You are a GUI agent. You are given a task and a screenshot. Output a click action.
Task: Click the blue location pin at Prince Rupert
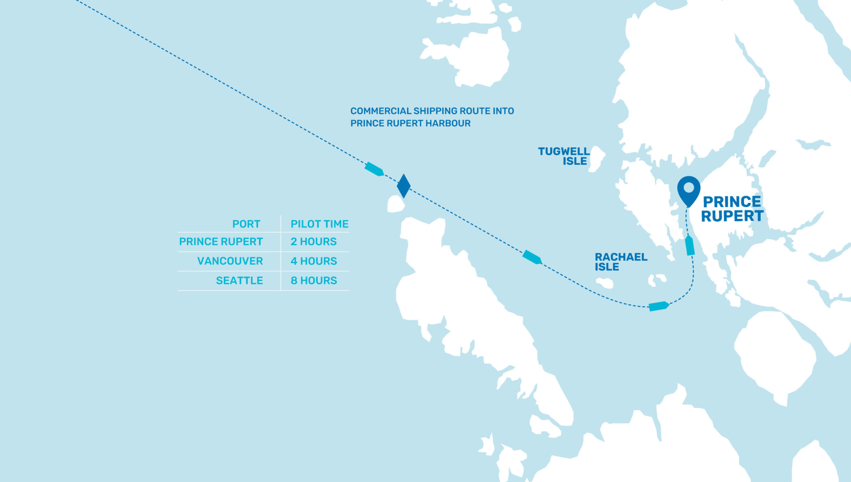689,189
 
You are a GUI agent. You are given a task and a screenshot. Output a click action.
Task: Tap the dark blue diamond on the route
403,186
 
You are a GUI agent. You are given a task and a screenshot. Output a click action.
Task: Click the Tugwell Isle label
563,156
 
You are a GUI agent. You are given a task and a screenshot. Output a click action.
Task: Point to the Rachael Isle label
621,262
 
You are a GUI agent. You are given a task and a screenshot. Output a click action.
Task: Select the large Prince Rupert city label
732,209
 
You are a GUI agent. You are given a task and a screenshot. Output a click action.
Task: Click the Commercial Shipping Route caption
432,117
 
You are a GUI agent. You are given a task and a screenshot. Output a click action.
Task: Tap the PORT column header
246,224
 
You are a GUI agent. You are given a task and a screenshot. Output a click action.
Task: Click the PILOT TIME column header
319,224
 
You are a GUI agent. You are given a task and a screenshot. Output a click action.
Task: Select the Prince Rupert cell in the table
221,242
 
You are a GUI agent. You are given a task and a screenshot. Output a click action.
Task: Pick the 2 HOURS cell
313,242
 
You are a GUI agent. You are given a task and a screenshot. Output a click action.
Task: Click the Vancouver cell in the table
230,261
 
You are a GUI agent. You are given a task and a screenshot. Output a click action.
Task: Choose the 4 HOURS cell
313,261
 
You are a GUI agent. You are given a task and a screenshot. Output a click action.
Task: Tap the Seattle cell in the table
239,281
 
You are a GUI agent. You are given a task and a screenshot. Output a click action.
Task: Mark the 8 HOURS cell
313,281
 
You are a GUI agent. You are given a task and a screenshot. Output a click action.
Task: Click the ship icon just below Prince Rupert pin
690,245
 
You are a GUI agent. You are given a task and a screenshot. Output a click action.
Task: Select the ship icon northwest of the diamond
374,169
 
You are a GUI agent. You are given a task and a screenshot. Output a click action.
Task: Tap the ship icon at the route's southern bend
659,306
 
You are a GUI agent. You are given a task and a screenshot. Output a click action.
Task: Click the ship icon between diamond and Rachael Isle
532,257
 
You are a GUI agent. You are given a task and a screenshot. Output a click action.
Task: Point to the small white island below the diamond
396,204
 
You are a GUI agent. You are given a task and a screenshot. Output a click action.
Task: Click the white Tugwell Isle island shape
597,158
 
